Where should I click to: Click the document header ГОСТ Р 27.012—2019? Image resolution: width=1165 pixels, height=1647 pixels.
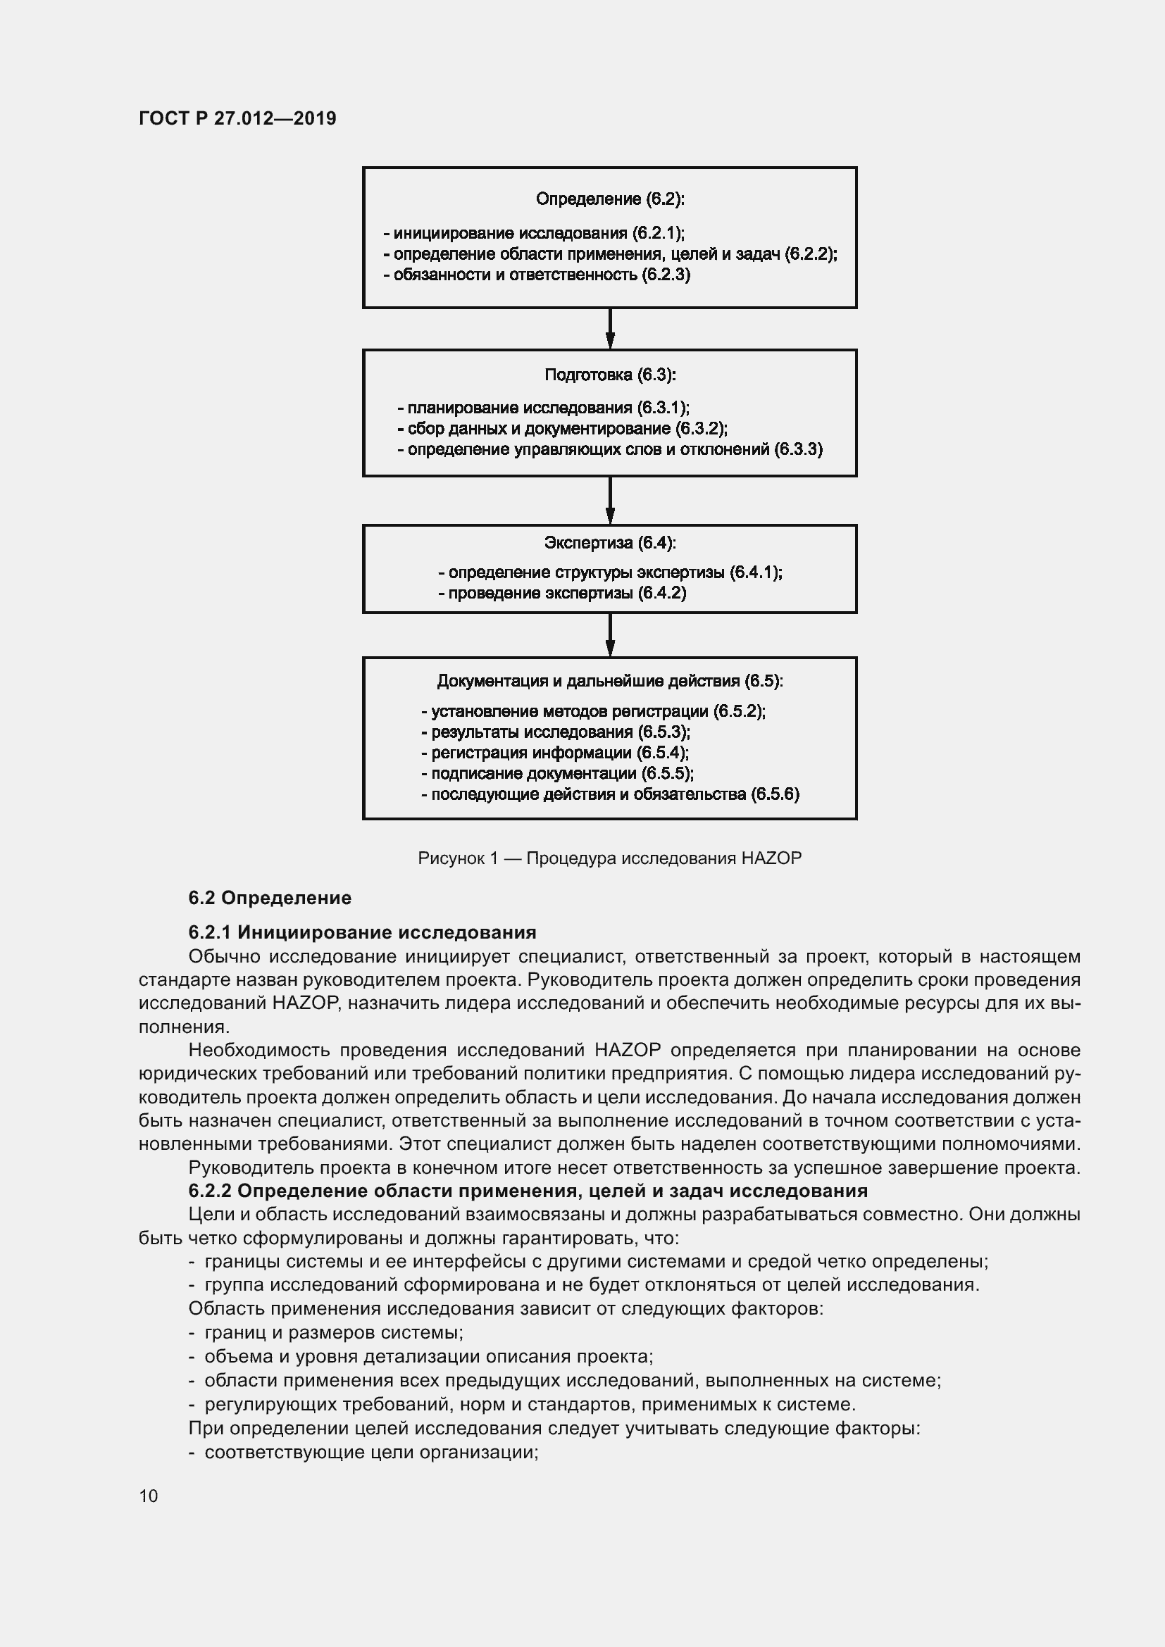pyautogui.click(x=237, y=118)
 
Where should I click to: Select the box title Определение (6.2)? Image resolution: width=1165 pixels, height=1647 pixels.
pyautogui.click(x=610, y=199)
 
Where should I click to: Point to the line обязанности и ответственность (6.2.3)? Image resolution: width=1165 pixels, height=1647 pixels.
pyautogui.click(x=537, y=275)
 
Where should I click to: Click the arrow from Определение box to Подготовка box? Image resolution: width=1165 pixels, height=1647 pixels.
pyautogui.click(x=610, y=329)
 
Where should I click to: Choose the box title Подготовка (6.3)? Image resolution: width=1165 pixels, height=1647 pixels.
pyautogui.click(x=610, y=375)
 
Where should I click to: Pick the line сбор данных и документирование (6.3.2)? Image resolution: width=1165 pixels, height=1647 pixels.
pyautogui.click(x=562, y=429)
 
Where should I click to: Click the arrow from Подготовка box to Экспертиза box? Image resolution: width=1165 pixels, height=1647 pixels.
pyautogui.click(x=610, y=500)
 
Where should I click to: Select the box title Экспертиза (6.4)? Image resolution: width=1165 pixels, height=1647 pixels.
pyautogui.click(x=610, y=543)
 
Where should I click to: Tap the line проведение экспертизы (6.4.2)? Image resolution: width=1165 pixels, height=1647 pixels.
pyautogui.click(x=562, y=593)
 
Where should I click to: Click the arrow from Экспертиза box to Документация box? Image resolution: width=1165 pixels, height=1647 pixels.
pyautogui.click(x=610, y=634)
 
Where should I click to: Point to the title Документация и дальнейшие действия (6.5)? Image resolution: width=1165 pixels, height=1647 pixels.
pyautogui.click(x=610, y=681)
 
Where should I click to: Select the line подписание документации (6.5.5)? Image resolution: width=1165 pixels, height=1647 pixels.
pyautogui.click(x=557, y=773)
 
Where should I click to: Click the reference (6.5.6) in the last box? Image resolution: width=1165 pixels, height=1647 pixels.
pyautogui.click(x=775, y=794)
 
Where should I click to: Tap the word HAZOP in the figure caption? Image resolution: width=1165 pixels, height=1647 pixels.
pyautogui.click(x=771, y=858)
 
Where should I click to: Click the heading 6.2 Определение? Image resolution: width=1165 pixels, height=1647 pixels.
pyautogui.click(x=270, y=898)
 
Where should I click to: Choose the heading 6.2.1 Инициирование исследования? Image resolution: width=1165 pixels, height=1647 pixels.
pyautogui.click(x=362, y=932)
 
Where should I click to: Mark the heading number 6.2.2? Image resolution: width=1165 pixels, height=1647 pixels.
pyautogui.click(x=209, y=1191)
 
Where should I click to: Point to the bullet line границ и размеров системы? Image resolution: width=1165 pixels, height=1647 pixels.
pyautogui.click(x=326, y=1333)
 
